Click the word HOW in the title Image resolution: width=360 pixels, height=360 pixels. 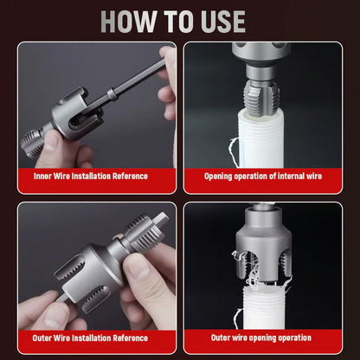(128, 22)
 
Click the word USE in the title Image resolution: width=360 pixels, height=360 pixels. (223, 22)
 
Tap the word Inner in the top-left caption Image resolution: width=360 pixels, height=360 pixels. (42, 176)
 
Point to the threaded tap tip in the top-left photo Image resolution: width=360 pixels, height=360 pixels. (32, 143)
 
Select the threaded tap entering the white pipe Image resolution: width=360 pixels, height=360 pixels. (261, 97)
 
